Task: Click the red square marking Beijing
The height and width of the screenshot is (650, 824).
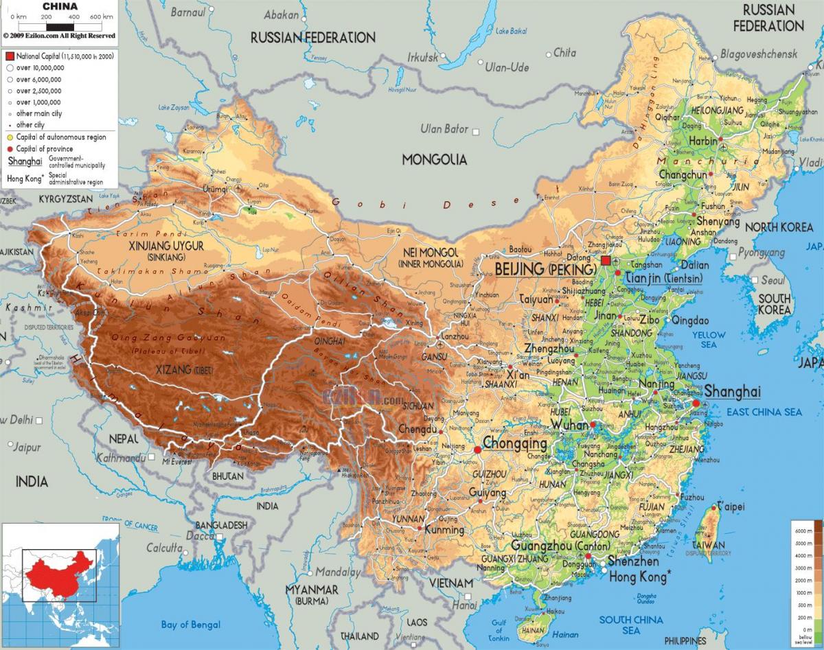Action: coord(605,261)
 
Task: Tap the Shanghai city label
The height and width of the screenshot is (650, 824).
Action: coord(733,392)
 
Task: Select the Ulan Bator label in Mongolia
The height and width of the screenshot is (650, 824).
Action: coord(444,129)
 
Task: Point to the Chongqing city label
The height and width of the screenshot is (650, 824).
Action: coord(515,444)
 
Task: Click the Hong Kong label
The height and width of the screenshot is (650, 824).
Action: coord(638,577)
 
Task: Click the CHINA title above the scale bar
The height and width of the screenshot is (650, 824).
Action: coord(60,6)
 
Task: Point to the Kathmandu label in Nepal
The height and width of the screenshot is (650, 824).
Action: coord(122,457)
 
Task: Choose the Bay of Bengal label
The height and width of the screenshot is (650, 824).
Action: coord(191,625)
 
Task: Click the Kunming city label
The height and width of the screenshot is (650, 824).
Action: coord(444,530)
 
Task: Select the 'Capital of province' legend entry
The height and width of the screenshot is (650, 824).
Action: coord(45,149)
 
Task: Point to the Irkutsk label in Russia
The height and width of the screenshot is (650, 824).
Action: coord(422,58)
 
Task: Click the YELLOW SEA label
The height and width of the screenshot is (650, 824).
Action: coord(709,340)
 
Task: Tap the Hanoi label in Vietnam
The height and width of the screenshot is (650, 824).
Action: coord(465,605)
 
